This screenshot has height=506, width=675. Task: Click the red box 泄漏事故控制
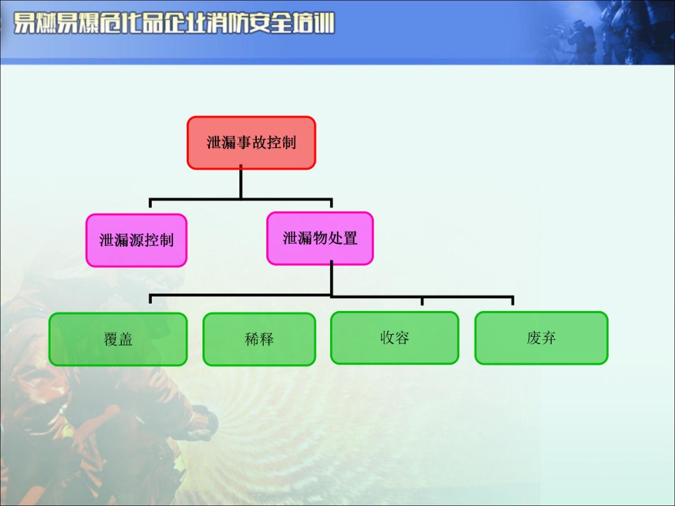tap(251, 142)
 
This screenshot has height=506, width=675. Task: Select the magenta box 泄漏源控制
tap(136, 241)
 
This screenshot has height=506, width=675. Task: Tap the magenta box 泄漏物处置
tap(320, 238)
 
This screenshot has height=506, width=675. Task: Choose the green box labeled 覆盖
tap(118, 339)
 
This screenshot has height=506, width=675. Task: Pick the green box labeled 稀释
tap(259, 339)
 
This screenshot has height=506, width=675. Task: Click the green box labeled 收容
tap(394, 338)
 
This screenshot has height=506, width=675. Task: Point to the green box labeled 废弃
tap(541, 338)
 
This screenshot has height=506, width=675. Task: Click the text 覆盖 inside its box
tap(118, 340)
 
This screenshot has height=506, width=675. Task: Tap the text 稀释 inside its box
tap(259, 340)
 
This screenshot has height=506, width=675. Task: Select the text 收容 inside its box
tap(394, 338)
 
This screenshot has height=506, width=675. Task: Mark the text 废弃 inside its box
tap(541, 338)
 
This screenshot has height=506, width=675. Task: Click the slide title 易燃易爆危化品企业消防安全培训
tap(174, 24)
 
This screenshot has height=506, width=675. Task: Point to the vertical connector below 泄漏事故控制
tap(241, 184)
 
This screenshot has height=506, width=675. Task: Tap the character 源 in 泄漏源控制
tap(136, 241)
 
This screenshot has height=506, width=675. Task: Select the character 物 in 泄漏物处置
tap(320, 238)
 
